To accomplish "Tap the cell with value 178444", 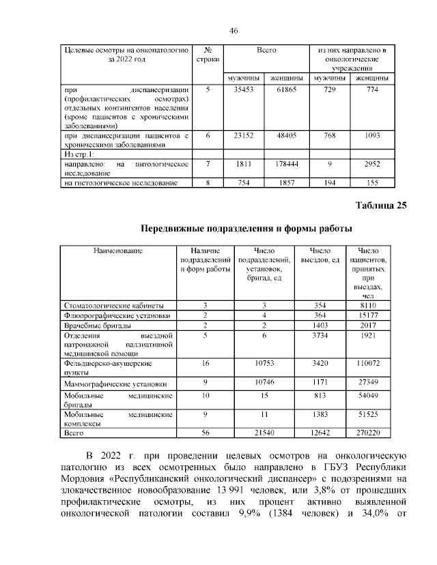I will point(286,164).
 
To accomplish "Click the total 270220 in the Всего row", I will point(368,432).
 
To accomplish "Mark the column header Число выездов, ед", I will point(320,255).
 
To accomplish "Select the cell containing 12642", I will point(320,432).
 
